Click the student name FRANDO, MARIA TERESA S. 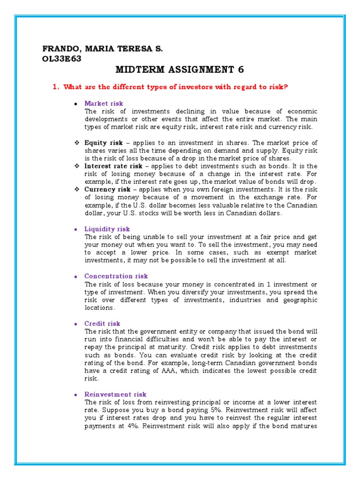tap(103, 49)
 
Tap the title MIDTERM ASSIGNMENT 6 tap(180, 70)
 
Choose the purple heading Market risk tap(104, 103)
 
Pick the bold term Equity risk tap(103, 142)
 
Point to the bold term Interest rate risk tap(113, 166)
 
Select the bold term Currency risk tap(107, 189)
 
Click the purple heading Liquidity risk tap(107, 229)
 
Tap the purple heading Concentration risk tap(116, 276)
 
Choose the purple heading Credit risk tap(102, 323)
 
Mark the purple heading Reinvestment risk tap(115, 394)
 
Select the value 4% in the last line tap(135, 426)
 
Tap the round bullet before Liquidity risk tap(75, 229)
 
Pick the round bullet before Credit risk tap(75, 324)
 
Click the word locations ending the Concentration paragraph tap(99, 308)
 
